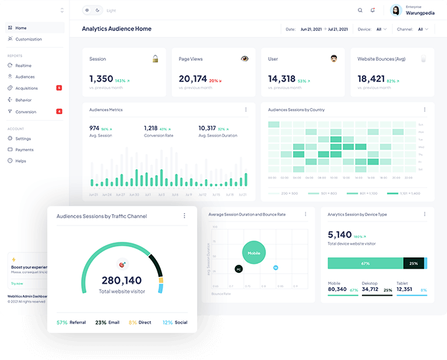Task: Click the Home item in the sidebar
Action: tap(20, 28)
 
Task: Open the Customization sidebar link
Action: tap(28, 39)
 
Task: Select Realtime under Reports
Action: tap(23, 66)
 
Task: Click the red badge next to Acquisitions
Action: tap(59, 88)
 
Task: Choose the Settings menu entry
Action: tap(23, 138)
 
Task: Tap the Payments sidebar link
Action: tap(24, 149)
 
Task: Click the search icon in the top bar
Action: tap(360, 10)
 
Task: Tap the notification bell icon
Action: tap(373, 10)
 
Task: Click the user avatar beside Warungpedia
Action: tap(396, 10)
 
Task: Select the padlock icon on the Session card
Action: tap(155, 59)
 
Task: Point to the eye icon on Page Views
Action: tap(244, 59)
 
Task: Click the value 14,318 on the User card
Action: tap(282, 79)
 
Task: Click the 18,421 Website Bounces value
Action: tap(371, 79)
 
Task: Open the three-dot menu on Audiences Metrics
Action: tap(246, 109)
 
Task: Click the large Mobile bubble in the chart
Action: tap(254, 253)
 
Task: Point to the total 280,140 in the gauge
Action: tap(122, 280)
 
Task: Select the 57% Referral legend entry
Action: tap(71, 323)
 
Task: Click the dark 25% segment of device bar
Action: tap(414, 263)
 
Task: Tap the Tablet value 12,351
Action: tap(404, 290)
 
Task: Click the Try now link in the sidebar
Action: tap(17, 284)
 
